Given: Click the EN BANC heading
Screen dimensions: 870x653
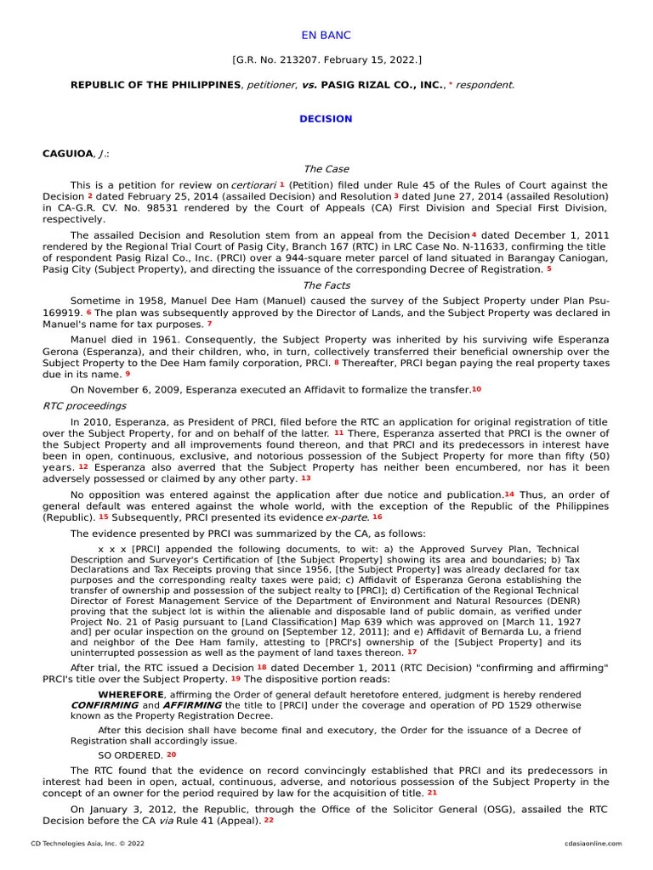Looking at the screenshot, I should pyautogui.click(x=326, y=36).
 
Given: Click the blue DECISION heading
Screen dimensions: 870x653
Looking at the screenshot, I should pyautogui.click(x=326, y=119).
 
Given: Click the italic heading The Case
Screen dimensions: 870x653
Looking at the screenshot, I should pyautogui.click(x=326, y=169).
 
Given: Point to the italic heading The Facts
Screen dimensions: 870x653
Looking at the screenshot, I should pyautogui.click(x=326, y=285).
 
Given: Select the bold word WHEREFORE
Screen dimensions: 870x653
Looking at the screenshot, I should pyautogui.click(x=131, y=695).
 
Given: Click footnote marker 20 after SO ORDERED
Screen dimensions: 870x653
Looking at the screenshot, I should pyautogui.click(x=171, y=754).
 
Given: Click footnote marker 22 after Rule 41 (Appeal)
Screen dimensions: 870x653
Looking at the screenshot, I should pyautogui.click(x=269, y=820).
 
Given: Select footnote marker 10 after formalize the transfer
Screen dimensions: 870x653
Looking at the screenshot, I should pyautogui.click(x=476, y=389).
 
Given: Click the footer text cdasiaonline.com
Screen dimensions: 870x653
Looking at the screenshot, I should pyautogui.click(x=593, y=844).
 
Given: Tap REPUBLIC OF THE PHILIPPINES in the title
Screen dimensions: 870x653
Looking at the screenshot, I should pyautogui.click(x=155, y=85).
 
